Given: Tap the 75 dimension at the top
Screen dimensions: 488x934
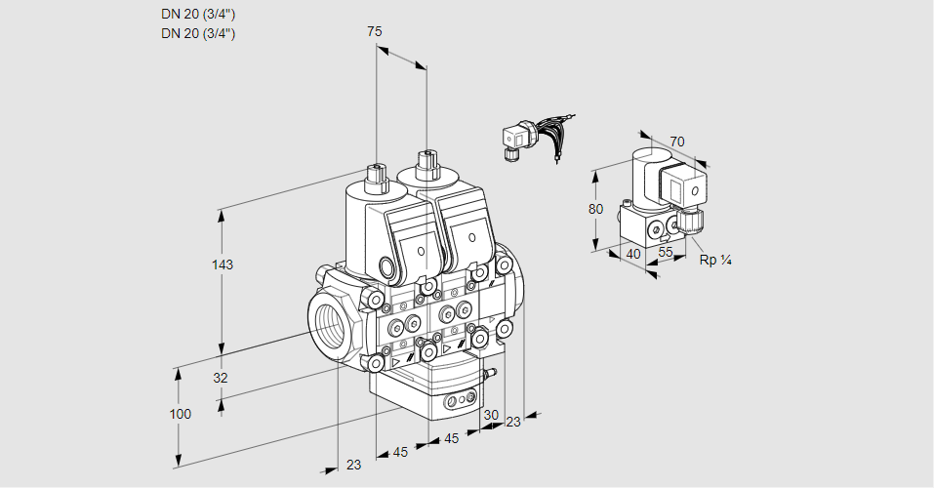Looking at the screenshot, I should point(375,31).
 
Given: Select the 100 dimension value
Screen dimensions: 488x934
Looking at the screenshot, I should point(180,414).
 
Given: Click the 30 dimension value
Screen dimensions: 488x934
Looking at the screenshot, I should point(490,414).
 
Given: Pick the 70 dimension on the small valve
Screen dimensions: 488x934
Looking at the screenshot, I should point(677,142).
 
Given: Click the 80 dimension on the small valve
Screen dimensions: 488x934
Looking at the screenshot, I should point(596,209).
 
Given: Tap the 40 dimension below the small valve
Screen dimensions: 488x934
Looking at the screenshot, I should point(632,254).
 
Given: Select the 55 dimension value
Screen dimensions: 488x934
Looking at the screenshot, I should point(667,252).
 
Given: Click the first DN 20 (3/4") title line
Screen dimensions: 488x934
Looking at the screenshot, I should point(198,14).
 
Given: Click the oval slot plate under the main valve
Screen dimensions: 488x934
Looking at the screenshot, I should point(461,400).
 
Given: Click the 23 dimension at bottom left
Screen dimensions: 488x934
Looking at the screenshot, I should point(353,465).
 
